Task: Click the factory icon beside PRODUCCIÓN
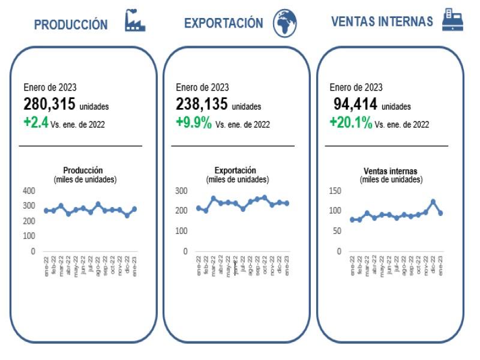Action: tap(135, 21)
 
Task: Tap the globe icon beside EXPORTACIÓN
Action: tap(285, 23)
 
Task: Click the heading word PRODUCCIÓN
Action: tap(71, 25)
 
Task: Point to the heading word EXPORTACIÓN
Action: tap(223, 23)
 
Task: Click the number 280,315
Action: tap(50, 104)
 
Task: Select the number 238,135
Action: tap(202, 104)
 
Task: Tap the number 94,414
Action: tap(355, 104)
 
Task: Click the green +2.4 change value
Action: tap(37, 123)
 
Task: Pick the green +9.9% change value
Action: tap(193, 123)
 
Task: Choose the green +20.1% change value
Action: tap(350, 123)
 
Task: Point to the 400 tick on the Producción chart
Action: tap(29, 191)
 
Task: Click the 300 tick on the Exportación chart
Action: tap(181, 191)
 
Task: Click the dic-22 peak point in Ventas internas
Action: tap(433, 202)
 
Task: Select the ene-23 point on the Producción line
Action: tap(134, 209)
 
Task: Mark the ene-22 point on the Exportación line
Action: tap(199, 208)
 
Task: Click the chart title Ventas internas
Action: tap(391, 171)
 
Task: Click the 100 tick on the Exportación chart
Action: tap(181, 231)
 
